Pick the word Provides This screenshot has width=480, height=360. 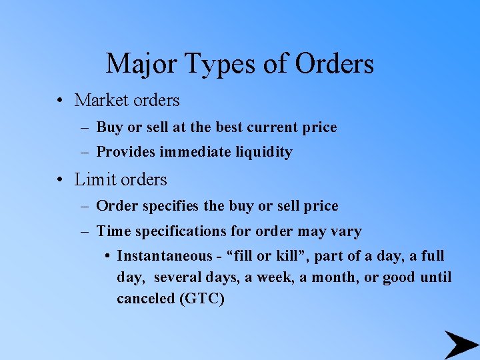(122, 153)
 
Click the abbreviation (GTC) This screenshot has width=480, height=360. (201, 299)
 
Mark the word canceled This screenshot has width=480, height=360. (145, 299)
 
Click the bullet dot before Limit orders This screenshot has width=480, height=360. (60, 180)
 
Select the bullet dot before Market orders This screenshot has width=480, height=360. (60, 101)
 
